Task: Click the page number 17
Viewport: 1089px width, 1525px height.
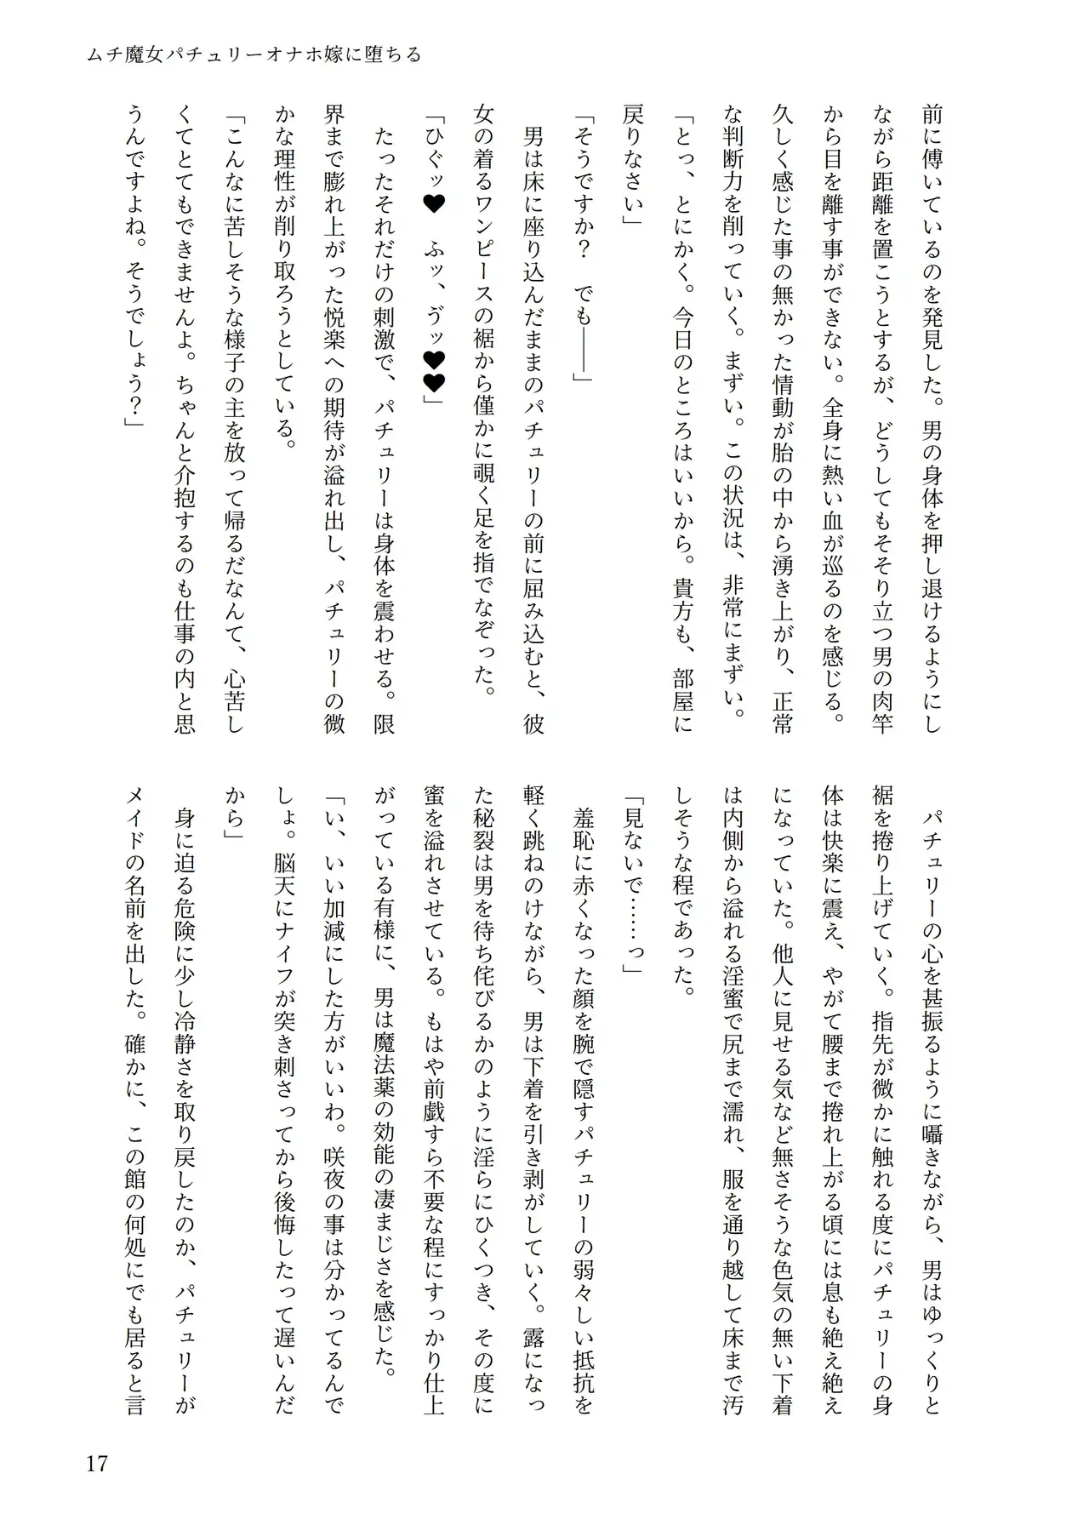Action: coord(96,1463)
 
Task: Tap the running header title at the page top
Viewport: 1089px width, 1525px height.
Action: coord(254,55)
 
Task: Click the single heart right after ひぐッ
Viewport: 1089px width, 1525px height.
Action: coord(434,228)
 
